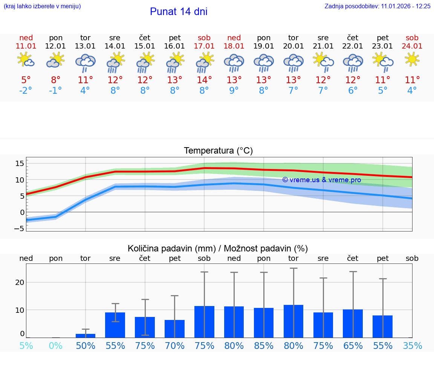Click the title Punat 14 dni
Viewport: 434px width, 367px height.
click(179, 12)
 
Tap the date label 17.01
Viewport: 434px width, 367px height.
click(204, 46)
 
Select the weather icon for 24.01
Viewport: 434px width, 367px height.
click(412, 59)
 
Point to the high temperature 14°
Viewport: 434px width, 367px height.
click(204, 80)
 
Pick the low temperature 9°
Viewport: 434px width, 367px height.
click(234, 90)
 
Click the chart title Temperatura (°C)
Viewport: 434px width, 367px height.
click(218, 151)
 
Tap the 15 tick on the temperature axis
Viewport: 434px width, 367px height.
click(20, 163)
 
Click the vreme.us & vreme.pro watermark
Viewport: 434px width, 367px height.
click(321, 180)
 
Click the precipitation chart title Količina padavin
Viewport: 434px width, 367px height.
click(218, 248)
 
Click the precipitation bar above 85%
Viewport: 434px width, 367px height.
click(264, 323)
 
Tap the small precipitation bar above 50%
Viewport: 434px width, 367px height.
click(86, 335)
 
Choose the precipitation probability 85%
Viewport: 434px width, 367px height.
click(264, 346)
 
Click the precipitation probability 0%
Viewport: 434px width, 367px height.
click(56, 346)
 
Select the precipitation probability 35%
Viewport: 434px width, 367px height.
click(412, 346)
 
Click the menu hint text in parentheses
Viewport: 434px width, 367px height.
click(42, 6)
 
